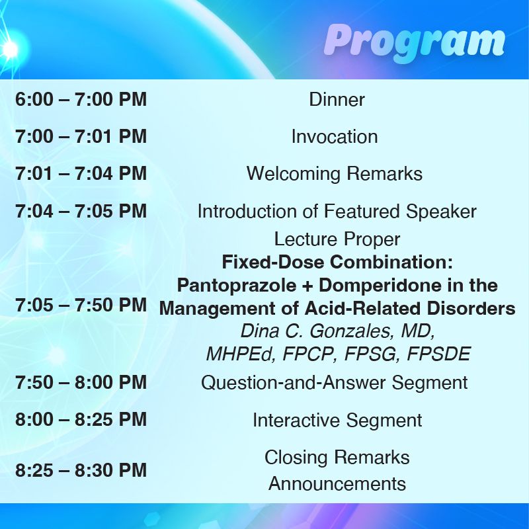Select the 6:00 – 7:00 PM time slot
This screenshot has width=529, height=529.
[x=81, y=100]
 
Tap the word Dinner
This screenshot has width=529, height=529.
[x=337, y=100]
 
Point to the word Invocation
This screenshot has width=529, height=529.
[x=335, y=137]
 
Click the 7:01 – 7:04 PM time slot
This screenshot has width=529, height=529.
[x=81, y=173]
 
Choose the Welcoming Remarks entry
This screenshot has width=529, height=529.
[x=335, y=174]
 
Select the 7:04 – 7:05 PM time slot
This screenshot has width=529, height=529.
[x=81, y=211]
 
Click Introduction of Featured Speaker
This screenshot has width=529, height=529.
[x=337, y=211]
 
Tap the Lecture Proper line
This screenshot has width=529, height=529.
[x=337, y=239]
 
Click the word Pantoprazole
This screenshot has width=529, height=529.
[x=237, y=286]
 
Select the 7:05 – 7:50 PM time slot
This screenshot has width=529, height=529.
[x=81, y=305]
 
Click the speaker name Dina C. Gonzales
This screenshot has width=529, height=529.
[x=316, y=331]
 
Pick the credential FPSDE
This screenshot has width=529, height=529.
[x=438, y=354]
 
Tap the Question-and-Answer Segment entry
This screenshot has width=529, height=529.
[x=335, y=383]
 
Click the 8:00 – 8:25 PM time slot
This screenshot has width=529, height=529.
[x=81, y=419]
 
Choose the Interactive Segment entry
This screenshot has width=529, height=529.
[x=337, y=421]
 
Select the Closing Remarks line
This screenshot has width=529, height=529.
[x=337, y=458]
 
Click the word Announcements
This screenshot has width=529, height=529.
[x=337, y=483]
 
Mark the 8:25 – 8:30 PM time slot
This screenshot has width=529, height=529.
[x=81, y=470]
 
